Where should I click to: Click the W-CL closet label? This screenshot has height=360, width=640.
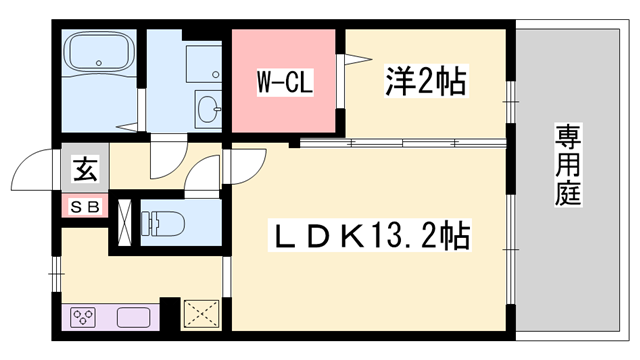[285, 82]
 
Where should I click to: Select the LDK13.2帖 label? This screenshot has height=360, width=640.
[369, 235]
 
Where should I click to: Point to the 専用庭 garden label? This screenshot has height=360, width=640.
[568, 165]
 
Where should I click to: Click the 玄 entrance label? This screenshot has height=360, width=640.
[85, 170]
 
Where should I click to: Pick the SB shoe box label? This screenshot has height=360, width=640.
[85, 207]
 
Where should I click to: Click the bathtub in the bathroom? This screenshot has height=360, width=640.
[99, 52]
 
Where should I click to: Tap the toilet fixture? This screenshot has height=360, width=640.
[162, 223]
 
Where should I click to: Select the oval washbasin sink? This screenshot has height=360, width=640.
[209, 109]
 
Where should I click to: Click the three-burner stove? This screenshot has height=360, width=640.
[84, 316]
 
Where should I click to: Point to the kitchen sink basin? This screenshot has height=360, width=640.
[133, 317]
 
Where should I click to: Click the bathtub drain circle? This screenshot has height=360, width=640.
[98, 63]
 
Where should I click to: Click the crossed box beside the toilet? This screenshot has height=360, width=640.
[124, 223]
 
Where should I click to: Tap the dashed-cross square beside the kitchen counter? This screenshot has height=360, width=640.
[201, 314]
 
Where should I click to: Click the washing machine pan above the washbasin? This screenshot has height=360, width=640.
[204, 64]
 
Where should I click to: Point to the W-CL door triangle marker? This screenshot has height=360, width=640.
[358, 60]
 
